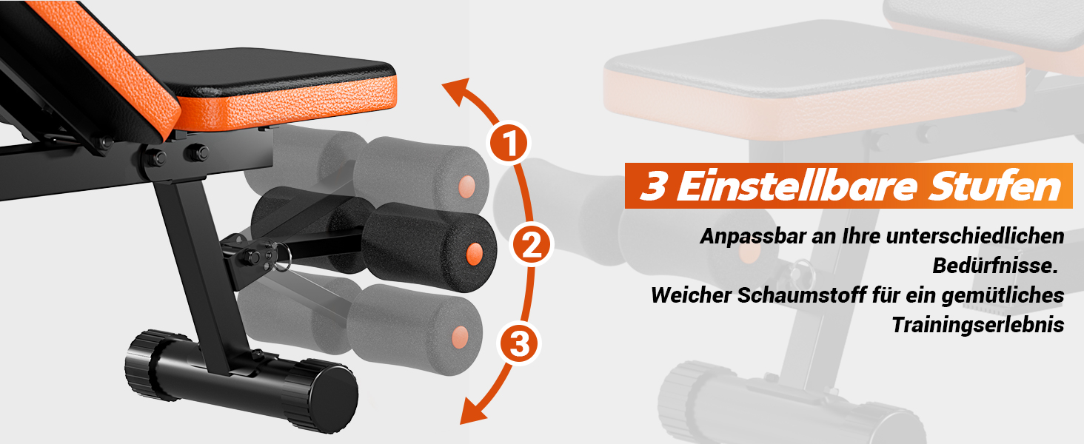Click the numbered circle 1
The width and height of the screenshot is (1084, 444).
point(509,143)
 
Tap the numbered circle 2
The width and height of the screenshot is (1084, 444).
point(532,244)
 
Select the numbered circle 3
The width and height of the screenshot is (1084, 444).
point(519,344)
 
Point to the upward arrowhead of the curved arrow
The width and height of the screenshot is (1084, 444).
point(458,91)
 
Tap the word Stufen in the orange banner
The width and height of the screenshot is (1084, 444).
point(995,186)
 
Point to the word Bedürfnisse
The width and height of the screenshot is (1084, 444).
point(995,266)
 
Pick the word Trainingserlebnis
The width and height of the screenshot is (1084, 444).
point(977,325)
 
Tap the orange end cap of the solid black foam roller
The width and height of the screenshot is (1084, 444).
point(474,253)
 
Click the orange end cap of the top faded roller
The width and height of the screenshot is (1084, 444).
point(466,186)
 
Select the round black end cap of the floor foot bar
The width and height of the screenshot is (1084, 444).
point(335,399)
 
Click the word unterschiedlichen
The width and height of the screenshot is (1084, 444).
point(974,237)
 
